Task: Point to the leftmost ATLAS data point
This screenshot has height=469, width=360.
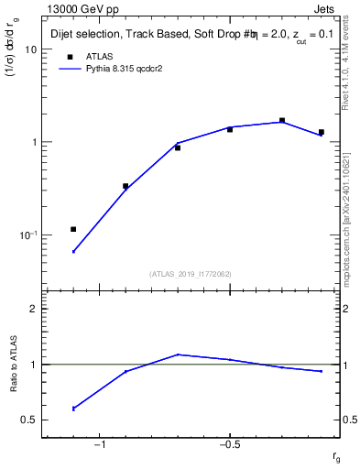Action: click(73, 229)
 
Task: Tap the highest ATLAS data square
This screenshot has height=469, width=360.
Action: click(282, 120)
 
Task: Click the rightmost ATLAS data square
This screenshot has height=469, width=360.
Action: click(321, 132)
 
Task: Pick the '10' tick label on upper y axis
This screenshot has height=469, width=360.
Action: click(30, 49)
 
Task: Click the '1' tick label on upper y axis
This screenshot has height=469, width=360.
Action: click(33, 143)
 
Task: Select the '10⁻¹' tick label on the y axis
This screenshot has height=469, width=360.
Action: click(27, 235)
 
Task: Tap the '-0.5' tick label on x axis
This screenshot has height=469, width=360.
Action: click(229, 444)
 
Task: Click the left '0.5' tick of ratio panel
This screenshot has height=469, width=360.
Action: click(28, 420)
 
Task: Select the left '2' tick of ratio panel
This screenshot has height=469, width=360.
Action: click(33, 309)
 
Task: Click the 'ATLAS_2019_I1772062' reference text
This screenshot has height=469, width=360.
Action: click(190, 274)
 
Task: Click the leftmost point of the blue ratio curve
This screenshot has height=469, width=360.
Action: click(73, 409)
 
